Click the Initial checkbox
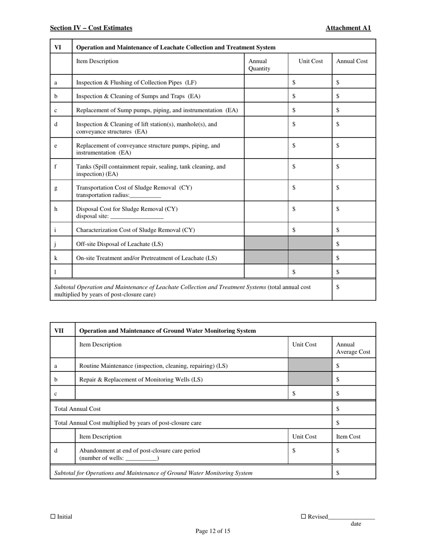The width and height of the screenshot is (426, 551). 53,516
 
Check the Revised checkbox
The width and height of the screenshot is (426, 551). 303,516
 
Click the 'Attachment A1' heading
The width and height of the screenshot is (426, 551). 348,28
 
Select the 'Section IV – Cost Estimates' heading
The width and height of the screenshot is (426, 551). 91,28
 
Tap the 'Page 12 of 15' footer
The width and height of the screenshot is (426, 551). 213,531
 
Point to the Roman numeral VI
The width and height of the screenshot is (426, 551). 58,47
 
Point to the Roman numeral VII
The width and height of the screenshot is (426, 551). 59,331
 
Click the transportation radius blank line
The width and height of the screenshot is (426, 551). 145,196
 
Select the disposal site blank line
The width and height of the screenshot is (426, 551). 137,217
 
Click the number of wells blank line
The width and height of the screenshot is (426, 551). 142,459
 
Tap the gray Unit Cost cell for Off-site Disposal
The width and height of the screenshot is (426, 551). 310,244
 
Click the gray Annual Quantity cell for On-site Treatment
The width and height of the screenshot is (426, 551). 266,258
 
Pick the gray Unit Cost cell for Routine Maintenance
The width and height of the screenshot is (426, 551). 310,366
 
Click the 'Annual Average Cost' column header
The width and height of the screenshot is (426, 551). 353,348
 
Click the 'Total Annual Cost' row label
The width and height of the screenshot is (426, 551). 77,409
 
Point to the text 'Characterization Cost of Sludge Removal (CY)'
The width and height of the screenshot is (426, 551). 135,230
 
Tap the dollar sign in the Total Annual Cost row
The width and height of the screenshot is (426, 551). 338,409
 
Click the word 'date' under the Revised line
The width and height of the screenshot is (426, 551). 356,524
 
